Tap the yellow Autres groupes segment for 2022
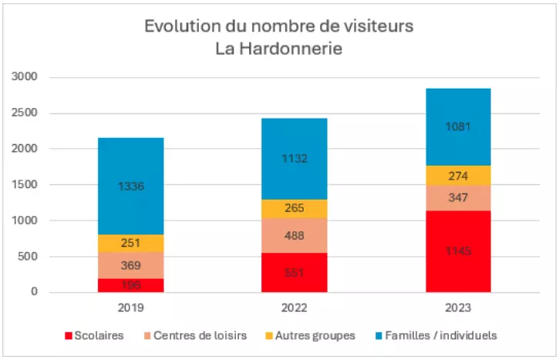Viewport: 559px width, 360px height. point(295,208)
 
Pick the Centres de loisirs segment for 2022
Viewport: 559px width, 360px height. point(295,235)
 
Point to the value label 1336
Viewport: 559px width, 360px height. point(131,186)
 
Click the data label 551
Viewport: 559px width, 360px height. point(295,272)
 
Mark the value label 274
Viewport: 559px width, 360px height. point(458,176)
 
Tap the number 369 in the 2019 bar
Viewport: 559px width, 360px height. point(131,265)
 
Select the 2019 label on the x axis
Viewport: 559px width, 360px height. point(131,307)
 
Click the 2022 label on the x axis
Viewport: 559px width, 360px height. point(295,307)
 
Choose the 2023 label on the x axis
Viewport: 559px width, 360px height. point(458,307)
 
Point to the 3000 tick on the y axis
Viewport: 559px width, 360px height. point(24,77)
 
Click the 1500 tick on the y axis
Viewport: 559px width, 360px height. point(24,185)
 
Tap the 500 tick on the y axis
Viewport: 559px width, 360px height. point(27,257)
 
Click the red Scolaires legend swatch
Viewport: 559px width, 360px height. point(68,335)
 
